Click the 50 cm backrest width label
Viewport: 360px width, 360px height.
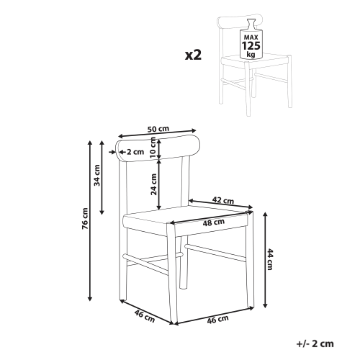[x=158, y=129]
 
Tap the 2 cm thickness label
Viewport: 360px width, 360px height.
[x=135, y=152]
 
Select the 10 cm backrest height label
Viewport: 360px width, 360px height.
[x=153, y=148]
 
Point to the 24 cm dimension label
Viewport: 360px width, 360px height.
[x=153, y=184]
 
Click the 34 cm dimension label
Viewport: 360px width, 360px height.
[x=96, y=175]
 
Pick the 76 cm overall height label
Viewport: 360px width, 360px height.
[x=85, y=218]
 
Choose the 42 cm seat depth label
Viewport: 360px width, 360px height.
[x=223, y=200]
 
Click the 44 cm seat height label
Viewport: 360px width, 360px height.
[x=270, y=259]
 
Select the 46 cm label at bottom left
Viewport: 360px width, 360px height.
[x=145, y=316]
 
